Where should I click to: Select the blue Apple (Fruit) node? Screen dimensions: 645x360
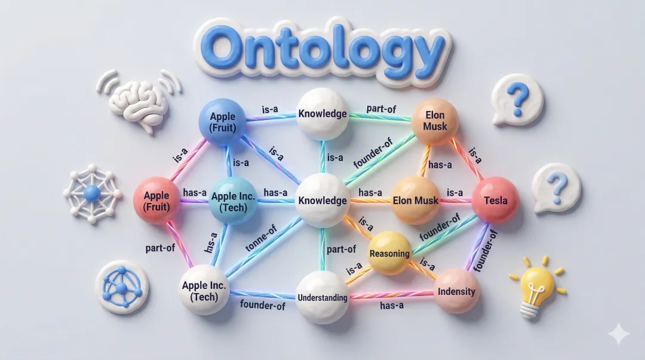pyautogui.click(x=222, y=121)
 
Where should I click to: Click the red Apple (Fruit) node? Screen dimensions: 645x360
pyautogui.click(x=156, y=201)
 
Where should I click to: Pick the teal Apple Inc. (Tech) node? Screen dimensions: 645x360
pyautogui.click(x=234, y=201)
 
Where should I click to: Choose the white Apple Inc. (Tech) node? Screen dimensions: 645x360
pyautogui.click(x=204, y=291)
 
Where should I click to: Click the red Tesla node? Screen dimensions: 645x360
pyautogui.click(x=495, y=201)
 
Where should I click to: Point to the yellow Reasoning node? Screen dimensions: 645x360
pyautogui.click(x=390, y=253)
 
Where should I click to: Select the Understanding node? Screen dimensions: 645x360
pyautogui.click(x=322, y=297)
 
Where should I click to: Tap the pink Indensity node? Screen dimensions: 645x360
pyautogui.click(x=456, y=291)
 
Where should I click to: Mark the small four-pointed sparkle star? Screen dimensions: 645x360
pyautogui.click(x=618, y=334)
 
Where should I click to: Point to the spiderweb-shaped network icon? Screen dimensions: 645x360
pyautogui.click(x=93, y=192)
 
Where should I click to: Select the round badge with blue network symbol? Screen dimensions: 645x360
pyautogui.click(x=122, y=287)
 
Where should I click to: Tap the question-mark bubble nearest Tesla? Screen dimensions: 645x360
pyautogui.click(x=557, y=187)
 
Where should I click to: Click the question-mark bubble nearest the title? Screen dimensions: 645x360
pyautogui.click(x=517, y=99)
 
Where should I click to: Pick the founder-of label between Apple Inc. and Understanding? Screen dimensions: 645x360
pyautogui.click(x=263, y=305)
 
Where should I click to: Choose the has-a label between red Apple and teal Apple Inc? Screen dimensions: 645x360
pyautogui.click(x=195, y=192)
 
